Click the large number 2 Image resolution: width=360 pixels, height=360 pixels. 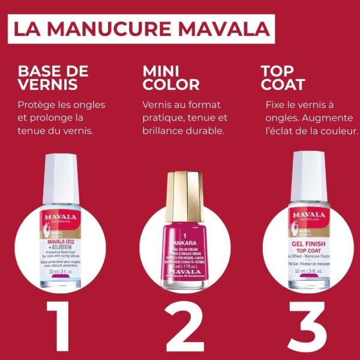click(181, 323)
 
